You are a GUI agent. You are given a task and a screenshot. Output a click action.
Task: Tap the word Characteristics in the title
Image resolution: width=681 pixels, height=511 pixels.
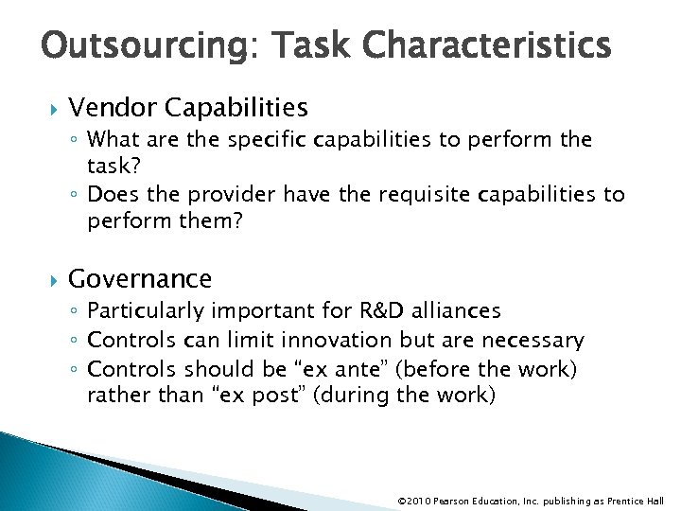(485, 44)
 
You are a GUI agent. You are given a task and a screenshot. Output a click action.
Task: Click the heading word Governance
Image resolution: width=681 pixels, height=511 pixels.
(140, 279)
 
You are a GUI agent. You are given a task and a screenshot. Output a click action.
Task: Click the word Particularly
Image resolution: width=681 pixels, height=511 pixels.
(147, 311)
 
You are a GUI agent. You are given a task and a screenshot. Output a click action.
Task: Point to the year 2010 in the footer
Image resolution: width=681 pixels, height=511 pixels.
(420, 501)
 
